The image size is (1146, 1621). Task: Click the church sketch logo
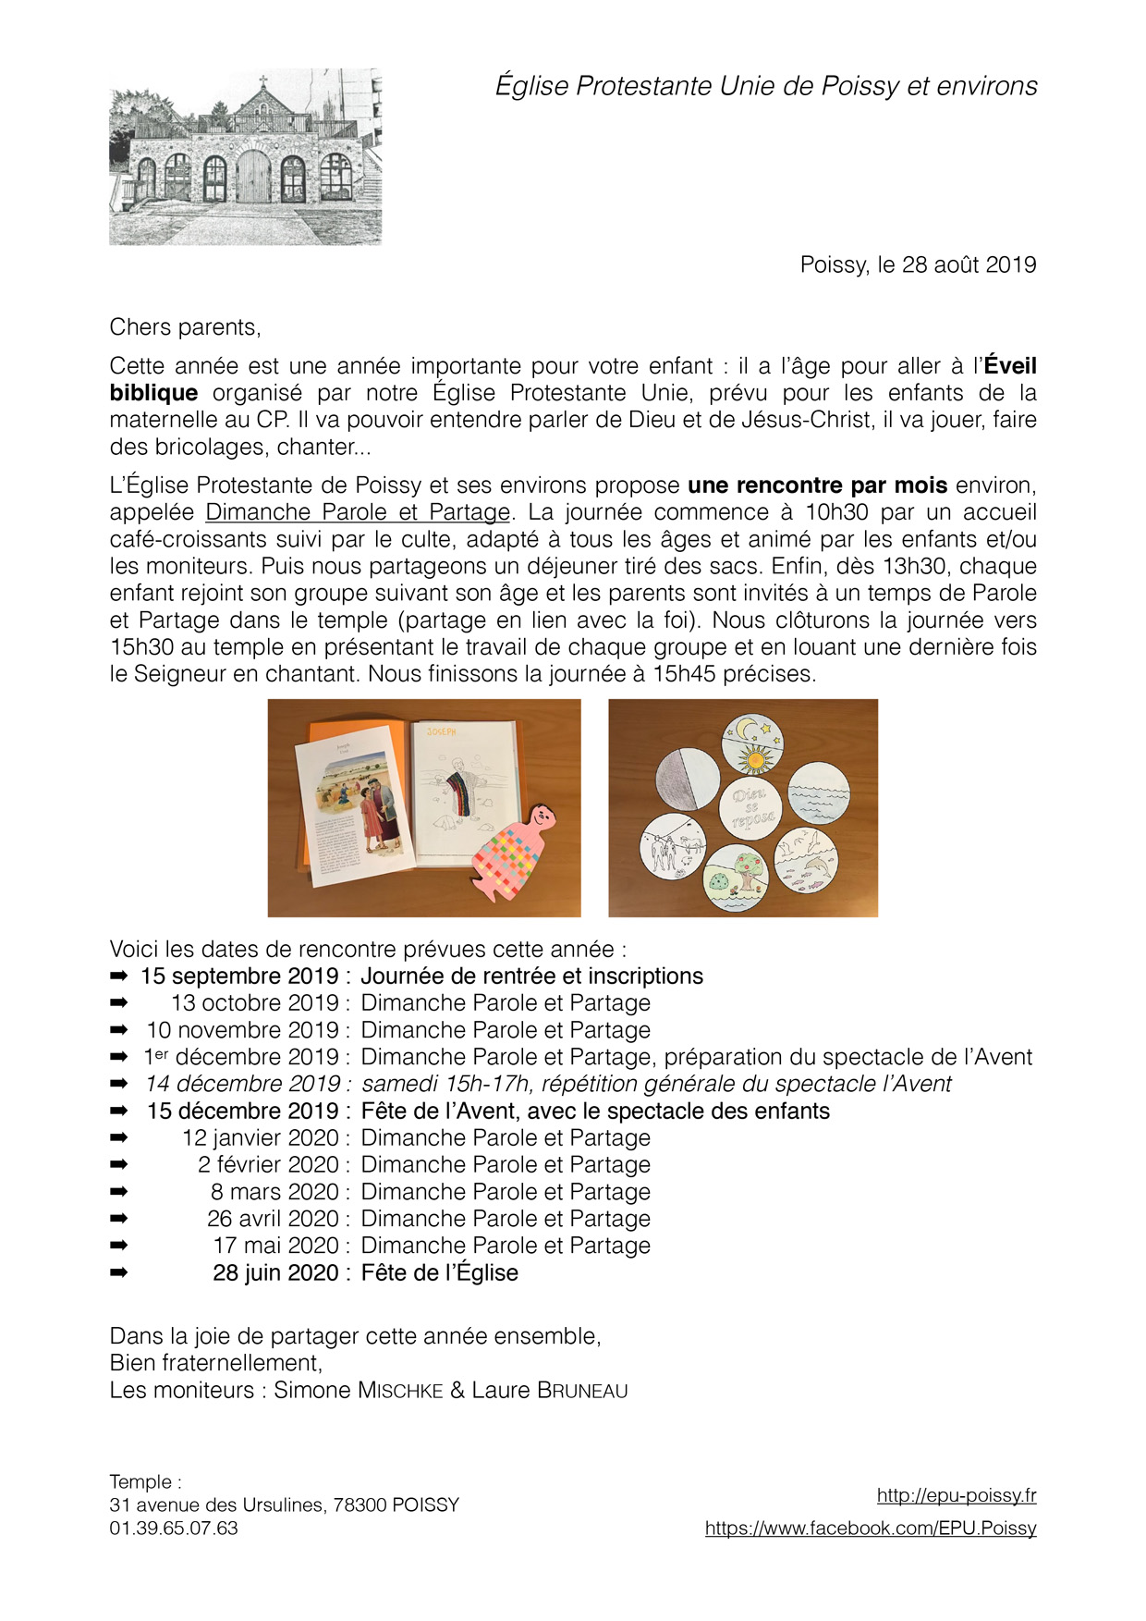click(245, 156)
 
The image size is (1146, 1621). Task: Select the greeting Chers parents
click(185, 327)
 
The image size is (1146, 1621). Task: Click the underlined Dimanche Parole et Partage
click(358, 512)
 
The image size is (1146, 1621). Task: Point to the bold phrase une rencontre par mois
click(817, 485)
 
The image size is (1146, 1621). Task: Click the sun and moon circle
click(753, 745)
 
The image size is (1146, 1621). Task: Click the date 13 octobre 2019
click(255, 1003)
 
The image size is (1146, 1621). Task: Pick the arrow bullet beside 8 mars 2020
click(118, 1192)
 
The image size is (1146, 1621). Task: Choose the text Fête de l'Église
click(439, 1273)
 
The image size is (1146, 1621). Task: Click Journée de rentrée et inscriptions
click(531, 976)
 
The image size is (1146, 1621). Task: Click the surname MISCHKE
click(400, 1391)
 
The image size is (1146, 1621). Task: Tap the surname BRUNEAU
click(581, 1391)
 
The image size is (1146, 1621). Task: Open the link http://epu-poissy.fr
click(956, 1495)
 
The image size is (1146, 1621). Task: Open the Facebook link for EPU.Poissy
click(870, 1529)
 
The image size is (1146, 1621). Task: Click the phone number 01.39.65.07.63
click(174, 1529)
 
